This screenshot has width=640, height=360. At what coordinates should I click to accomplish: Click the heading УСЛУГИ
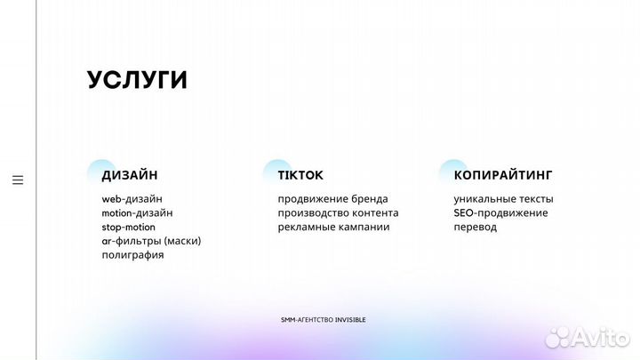(x=137, y=80)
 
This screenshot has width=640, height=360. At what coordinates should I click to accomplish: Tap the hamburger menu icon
(x=18, y=180)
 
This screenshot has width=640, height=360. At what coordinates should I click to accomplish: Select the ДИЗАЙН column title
(x=130, y=176)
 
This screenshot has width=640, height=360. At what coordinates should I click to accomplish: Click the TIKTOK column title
(x=300, y=176)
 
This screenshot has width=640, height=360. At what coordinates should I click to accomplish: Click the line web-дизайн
(x=132, y=199)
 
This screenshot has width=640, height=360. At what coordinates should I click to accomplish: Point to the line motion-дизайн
(x=137, y=213)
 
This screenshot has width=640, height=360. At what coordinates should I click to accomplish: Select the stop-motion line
(x=128, y=228)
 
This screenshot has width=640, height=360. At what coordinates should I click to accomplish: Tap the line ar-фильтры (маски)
(x=151, y=241)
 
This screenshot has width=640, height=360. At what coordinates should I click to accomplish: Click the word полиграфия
(x=132, y=255)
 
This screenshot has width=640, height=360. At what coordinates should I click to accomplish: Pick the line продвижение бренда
(x=332, y=199)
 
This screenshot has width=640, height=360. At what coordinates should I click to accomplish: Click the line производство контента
(x=338, y=213)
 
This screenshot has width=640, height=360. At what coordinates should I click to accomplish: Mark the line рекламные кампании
(x=333, y=228)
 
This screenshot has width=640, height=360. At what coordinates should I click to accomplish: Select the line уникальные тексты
(x=503, y=199)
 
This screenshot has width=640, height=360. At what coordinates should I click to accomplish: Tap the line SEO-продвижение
(x=500, y=213)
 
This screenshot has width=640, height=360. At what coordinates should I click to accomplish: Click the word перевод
(x=475, y=228)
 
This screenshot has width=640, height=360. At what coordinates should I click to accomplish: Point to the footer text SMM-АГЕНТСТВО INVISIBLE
(x=323, y=319)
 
